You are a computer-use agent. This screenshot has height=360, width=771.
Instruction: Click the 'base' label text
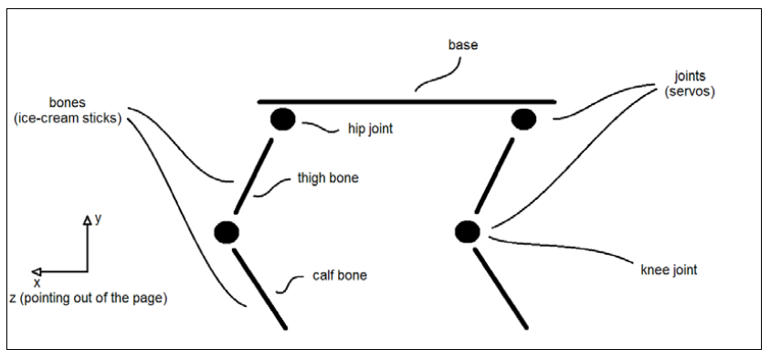(x=463, y=45)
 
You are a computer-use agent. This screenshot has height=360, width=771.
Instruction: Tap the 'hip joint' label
(x=370, y=129)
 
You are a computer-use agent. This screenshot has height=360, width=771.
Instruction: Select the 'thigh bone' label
(x=328, y=177)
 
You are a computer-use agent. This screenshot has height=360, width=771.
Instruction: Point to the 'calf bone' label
(x=340, y=275)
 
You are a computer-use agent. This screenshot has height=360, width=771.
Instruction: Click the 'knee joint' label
(x=670, y=270)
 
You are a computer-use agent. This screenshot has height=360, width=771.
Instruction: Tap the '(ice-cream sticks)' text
(x=68, y=118)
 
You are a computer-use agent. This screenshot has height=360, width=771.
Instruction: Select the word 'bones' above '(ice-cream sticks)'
(x=68, y=102)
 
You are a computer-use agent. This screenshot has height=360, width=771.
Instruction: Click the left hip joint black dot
(x=283, y=120)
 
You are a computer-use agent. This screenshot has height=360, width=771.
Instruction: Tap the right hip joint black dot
(x=523, y=120)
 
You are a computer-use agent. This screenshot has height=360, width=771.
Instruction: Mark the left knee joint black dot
(x=227, y=232)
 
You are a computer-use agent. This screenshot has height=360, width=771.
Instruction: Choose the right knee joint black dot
(x=467, y=232)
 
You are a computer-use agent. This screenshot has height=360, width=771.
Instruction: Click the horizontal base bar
(x=407, y=101)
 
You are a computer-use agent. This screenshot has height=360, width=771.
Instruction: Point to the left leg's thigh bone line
(x=253, y=176)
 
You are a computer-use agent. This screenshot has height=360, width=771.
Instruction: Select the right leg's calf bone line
(x=500, y=289)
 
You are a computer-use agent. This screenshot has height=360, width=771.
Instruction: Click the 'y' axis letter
(x=98, y=219)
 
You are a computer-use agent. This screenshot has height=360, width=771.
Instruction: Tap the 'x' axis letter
(x=37, y=282)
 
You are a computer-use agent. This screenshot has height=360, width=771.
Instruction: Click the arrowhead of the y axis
(x=87, y=221)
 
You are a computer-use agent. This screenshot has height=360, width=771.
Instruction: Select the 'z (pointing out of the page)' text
(x=89, y=299)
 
